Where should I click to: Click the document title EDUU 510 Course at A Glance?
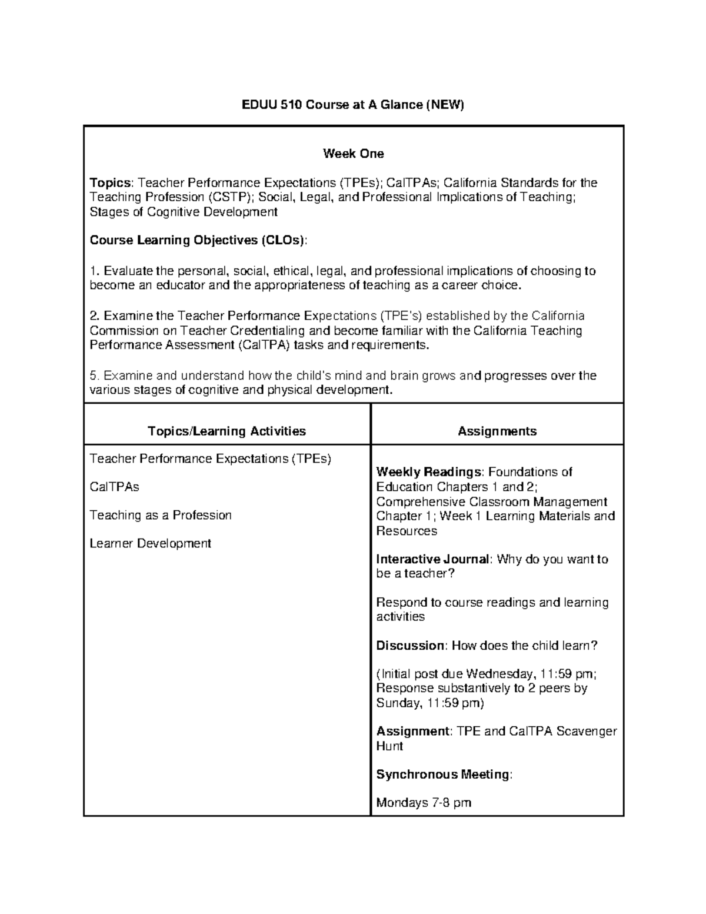pos(353,105)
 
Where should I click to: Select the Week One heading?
pos(353,154)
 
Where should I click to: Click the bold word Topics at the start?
pos(109,182)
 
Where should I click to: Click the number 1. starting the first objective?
pos(94,271)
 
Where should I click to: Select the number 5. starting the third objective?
pos(94,375)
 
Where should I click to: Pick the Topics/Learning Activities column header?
pos(227,431)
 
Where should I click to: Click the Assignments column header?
pos(497,431)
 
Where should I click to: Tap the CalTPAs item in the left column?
pos(114,487)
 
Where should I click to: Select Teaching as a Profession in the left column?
pos(161,516)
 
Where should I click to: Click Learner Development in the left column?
pos(150,544)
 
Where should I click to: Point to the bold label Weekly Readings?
pos(428,472)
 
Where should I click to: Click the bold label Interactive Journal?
pos(432,559)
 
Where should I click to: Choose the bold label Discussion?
pos(410,646)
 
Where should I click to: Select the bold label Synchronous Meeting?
pos(443,775)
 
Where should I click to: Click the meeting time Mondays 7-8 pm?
pos(424,803)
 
